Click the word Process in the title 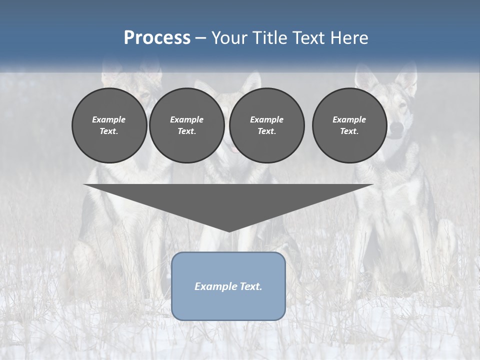157,38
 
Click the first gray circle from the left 109,125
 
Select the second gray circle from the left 186,125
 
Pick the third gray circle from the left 266,125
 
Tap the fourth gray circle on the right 349,125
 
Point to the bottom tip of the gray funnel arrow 229,231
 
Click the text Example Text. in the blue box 228,286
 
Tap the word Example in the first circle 109,119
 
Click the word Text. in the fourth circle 349,131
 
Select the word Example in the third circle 266,119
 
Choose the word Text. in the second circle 186,131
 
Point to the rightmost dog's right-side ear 406,80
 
